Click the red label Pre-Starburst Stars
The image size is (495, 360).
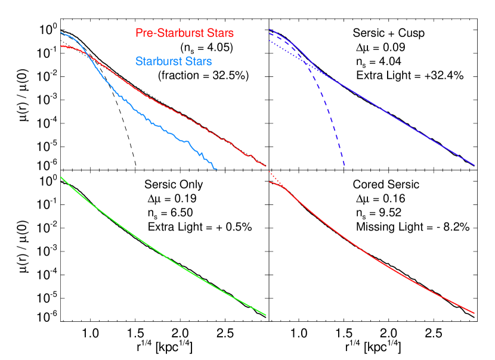pyautogui.click(x=184, y=33)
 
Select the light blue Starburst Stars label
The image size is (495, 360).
pyautogui.click(x=174, y=61)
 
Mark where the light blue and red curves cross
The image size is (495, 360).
pyautogui.click(x=88, y=55)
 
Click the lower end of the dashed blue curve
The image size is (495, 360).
pyautogui.click(x=345, y=169)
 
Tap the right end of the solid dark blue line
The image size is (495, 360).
pyautogui.click(x=474, y=165)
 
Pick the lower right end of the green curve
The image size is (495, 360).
pyautogui.click(x=265, y=315)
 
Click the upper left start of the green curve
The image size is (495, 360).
pyautogui.click(x=61, y=177)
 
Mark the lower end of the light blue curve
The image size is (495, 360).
pyautogui.click(x=216, y=170)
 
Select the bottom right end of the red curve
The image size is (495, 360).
pyautogui.click(x=474, y=312)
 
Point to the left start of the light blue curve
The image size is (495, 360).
pyautogui.click(x=61, y=32)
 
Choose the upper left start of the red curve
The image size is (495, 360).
pyautogui.click(x=61, y=46)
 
